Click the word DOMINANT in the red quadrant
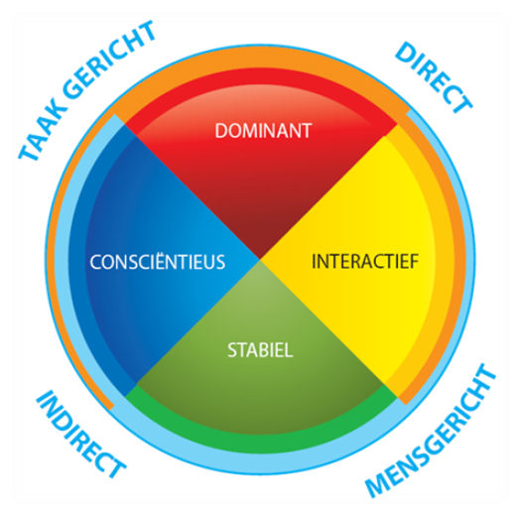pos(263,131)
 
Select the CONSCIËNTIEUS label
pos(158,261)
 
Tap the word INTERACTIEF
pos(365,261)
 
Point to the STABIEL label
pos(260,350)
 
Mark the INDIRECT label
pos(80,434)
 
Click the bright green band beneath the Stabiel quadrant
pos(261,443)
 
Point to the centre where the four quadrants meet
pos(260,260)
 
